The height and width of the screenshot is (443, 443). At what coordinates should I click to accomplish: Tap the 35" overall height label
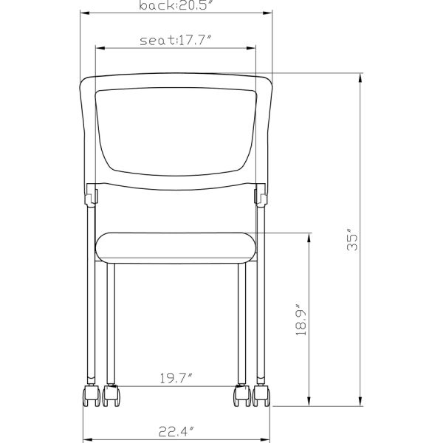[x=354, y=241]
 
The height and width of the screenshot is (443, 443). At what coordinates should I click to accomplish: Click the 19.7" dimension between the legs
[x=175, y=380]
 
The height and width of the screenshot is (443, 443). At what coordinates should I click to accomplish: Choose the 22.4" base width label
[x=176, y=432]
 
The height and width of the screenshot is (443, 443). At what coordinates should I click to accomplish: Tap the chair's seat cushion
[x=176, y=248]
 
